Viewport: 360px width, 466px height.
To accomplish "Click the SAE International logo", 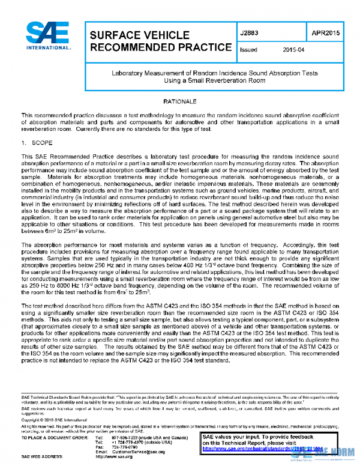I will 47,38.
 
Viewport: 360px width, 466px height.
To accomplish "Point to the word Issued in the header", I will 248,50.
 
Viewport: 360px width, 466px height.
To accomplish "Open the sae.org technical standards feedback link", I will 264,448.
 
